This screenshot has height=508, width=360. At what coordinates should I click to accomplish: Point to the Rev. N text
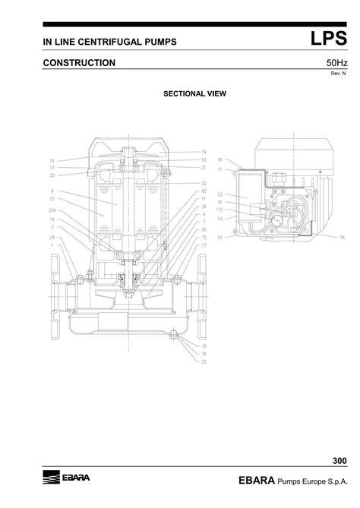point(339,73)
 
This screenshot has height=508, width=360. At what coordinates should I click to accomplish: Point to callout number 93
point(204,160)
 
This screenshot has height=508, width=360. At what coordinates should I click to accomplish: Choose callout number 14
point(204,153)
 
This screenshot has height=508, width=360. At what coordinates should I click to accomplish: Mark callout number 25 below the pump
point(204,362)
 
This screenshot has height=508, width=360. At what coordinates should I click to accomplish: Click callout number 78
point(204,347)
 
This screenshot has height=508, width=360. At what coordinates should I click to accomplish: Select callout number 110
point(220,210)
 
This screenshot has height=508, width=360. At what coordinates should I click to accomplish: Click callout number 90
point(220,160)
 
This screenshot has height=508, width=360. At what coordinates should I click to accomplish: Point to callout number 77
point(204,245)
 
